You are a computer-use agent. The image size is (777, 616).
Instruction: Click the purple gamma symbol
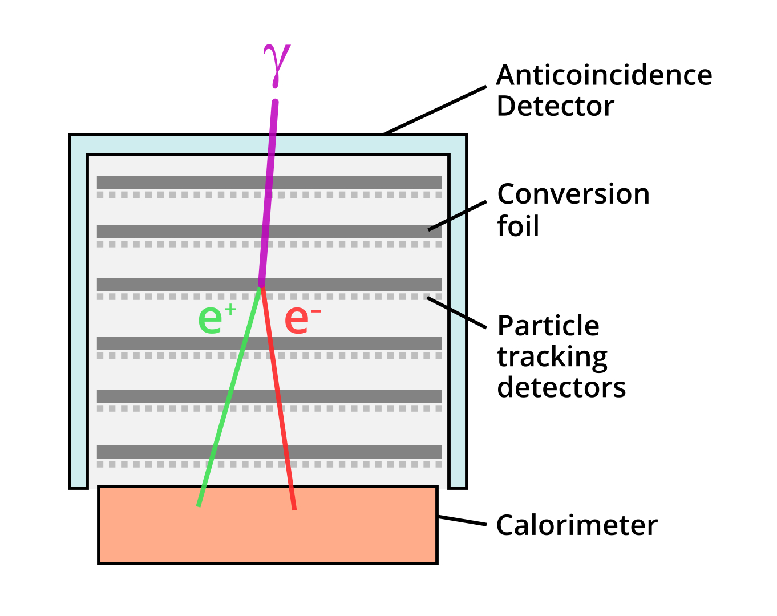click(277, 64)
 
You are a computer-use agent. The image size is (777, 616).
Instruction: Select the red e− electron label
click(301, 319)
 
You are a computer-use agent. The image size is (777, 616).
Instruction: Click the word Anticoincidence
click(604, 75)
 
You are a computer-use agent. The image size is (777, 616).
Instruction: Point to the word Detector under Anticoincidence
click(555, 106)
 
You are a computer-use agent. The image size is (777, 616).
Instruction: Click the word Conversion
click(573, 194)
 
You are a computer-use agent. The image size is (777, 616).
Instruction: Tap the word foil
click(517, 226)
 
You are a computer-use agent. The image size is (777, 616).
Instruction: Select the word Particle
click(548, 326)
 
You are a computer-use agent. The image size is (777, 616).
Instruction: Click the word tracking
click(552, 358)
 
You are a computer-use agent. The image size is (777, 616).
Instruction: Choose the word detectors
click(561, 388)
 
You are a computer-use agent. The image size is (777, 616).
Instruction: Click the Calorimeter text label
click(576, 525)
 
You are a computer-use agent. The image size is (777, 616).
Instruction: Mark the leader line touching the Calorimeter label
click(462, 521)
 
